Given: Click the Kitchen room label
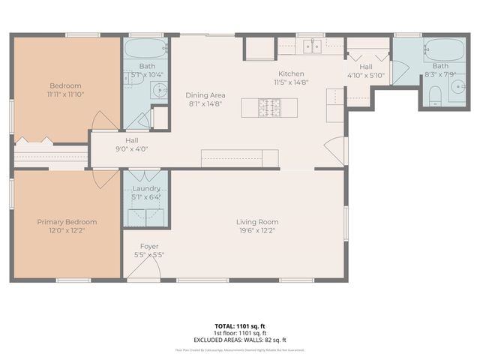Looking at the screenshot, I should [x=291, y=73].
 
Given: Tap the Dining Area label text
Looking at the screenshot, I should [x=205, y=94].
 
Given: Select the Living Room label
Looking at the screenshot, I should [x=257, y=222].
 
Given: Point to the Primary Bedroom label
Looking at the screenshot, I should [x=67, y=222].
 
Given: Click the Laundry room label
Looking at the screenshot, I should [x=146, y=189].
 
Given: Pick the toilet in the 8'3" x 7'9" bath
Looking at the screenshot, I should [x=435, y=94].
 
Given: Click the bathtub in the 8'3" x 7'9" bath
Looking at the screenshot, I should [x=444, y=50].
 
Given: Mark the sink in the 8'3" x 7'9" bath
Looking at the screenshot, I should [x=457, y=88].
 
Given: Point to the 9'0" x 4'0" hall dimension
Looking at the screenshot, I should [x=131, y=148].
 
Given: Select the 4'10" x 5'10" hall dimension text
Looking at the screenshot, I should [x=365, y=75].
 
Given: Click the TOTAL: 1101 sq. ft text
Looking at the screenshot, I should [x=240, y=326].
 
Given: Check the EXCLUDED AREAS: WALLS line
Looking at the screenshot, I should [x=240, y=339].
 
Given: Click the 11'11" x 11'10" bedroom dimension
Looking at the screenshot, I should [x=65, y=94].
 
